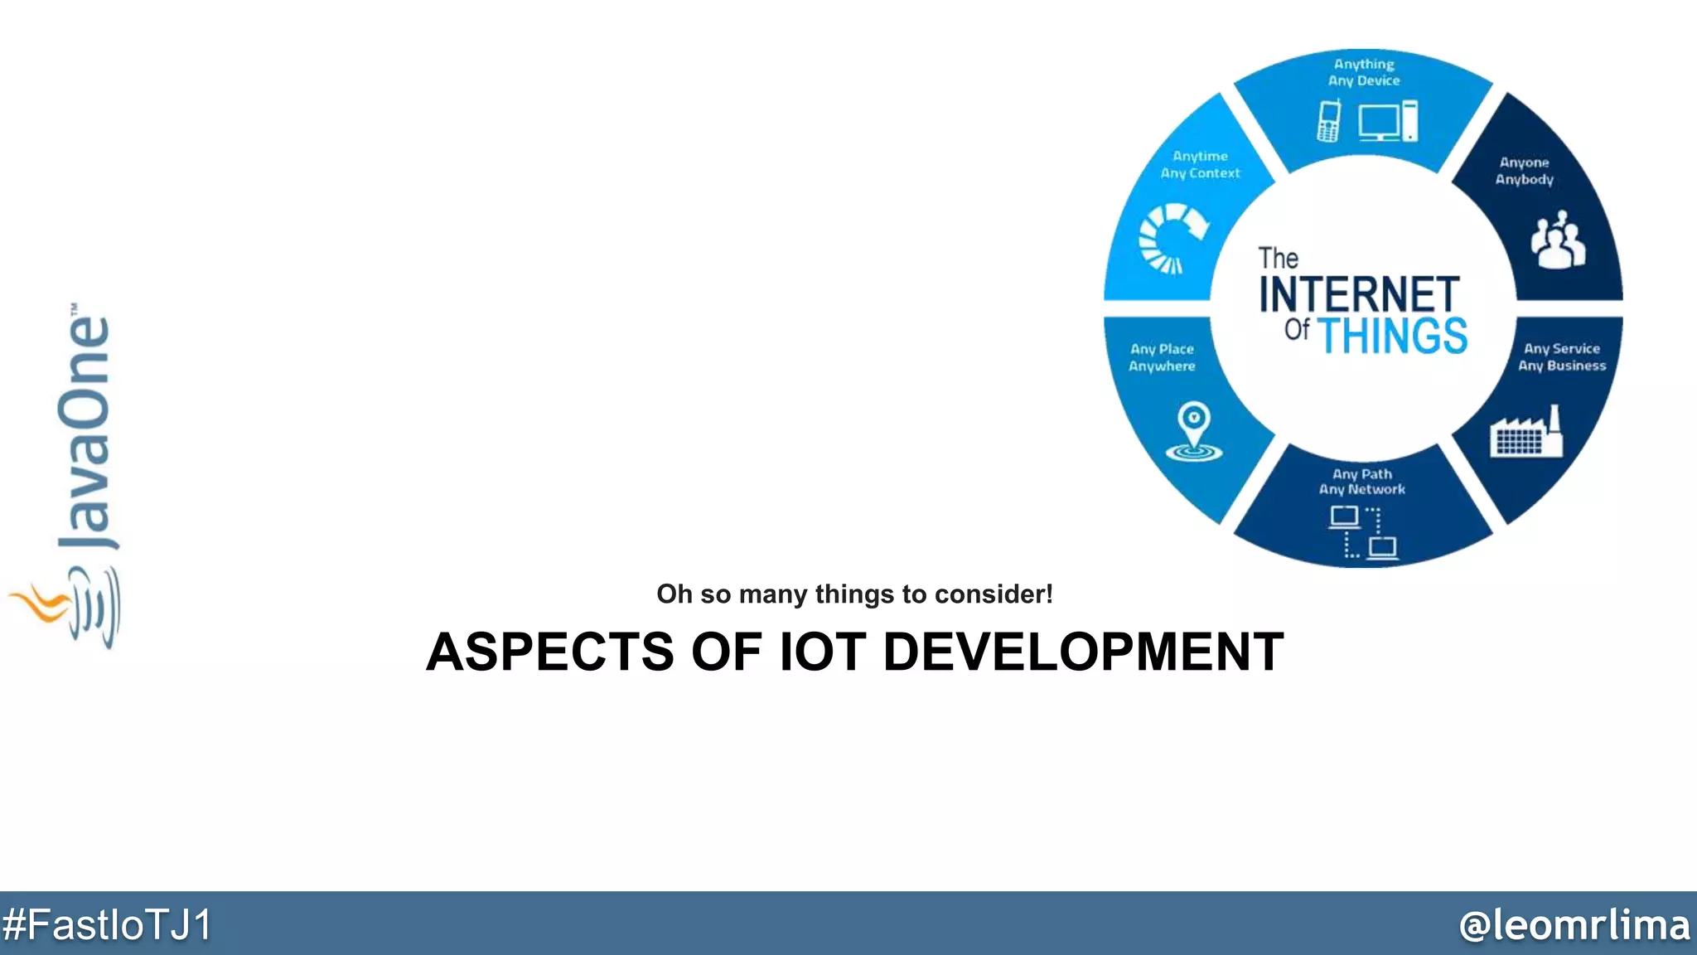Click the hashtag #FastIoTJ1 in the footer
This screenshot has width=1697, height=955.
point(107,924)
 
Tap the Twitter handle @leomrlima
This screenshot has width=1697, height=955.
point(1574,924)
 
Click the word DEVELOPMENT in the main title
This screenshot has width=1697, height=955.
point(1083,652)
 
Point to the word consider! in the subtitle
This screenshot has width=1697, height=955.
point(994,594)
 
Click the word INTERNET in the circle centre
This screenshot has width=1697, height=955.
point(1359,294)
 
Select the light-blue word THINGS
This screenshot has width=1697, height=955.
point(1392,336)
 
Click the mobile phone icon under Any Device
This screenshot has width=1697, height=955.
point(1329,121)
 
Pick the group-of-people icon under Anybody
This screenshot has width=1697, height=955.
point(1558,240)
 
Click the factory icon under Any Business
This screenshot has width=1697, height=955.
point(1525,432)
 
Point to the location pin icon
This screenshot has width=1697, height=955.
point(1193,430)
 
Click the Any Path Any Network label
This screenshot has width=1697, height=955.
point(1362,482)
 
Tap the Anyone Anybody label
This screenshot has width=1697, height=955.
point(1524,171)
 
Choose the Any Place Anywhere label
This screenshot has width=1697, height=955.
point(1162,357)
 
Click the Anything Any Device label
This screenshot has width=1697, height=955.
point(1364,72)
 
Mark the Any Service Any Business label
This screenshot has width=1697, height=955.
point(1562,357)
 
